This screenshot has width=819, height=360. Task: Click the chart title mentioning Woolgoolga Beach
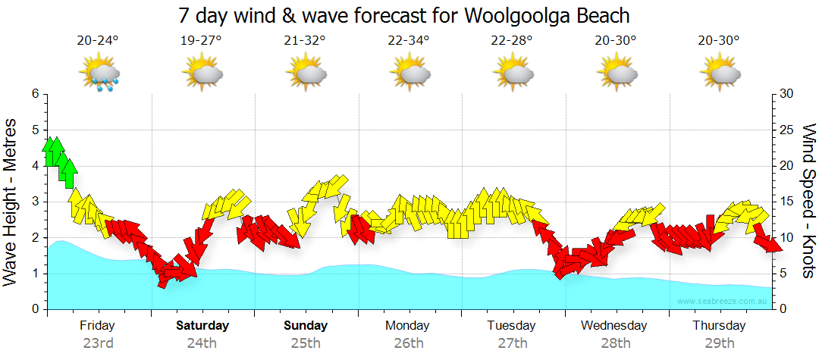[404, 14]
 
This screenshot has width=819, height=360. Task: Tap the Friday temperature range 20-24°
[98, 41]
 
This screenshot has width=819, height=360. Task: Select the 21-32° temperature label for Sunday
[306, 41]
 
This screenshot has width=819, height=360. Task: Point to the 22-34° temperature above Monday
[409, 41]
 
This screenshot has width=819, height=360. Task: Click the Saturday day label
[202, 326]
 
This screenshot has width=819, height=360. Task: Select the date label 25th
[306, 343]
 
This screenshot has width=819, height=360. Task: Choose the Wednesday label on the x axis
[614, 326]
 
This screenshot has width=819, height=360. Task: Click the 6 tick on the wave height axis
[34, 94]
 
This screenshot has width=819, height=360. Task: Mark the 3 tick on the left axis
[34, 202]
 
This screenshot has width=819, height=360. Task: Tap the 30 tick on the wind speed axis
[787, 94]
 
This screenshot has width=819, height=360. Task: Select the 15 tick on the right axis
[787, 202]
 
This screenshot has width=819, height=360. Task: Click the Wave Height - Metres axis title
[11, 202]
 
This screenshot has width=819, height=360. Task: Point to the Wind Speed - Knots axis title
[808, 202]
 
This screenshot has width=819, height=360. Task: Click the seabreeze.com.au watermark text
[723, 301]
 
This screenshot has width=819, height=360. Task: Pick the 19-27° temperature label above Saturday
[202, 41]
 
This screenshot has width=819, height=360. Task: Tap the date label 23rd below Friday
[98, 343]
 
